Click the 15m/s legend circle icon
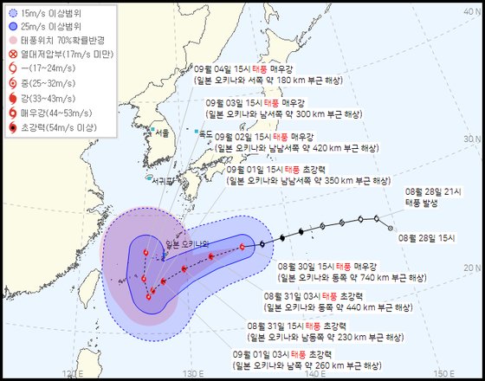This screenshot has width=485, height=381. (x=14, y=13)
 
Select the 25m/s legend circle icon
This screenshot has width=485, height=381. (x=14, y=26)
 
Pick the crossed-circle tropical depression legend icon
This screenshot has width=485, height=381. (x=14, y=54)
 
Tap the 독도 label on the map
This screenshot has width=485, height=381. (x=205, y=135)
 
